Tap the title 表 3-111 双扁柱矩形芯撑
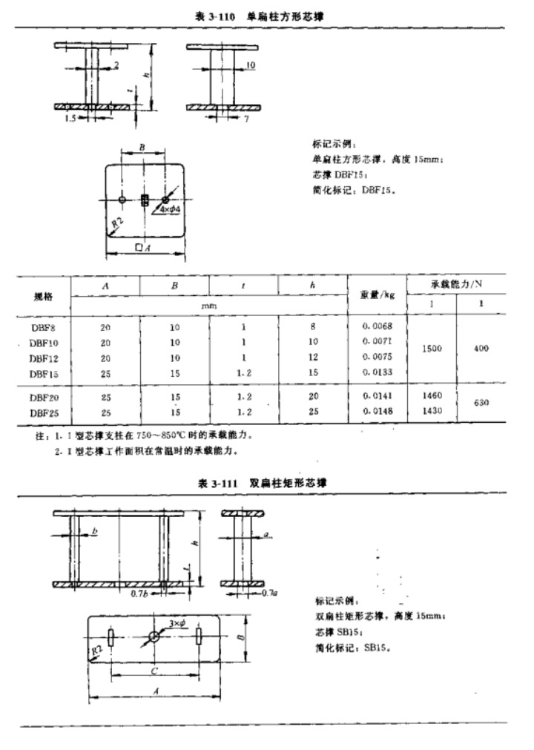[x=263, y=483]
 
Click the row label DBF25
[x=44, y=411]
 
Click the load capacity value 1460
[x=432, y=397]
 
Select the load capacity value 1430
[x=432, y=411]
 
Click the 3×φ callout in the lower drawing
[x=177, y=624]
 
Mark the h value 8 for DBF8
[x=313, y=326]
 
